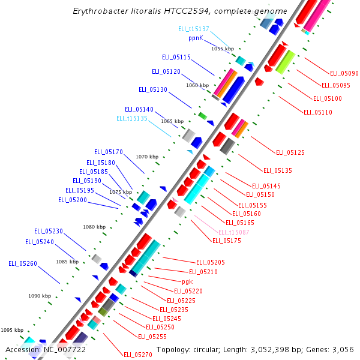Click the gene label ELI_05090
tap(344, 73)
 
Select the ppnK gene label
tap(196, 38)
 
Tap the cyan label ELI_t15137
tap(194, 29)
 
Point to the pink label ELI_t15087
tap(234, 232)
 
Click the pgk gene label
tap(187, 281)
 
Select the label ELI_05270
tap(138, 355)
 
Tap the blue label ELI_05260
tap(23, 263)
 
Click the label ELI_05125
tap(290, 152)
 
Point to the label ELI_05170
tap(109, 152)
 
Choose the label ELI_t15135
tap(132, 119)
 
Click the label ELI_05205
tap(211, 262)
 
